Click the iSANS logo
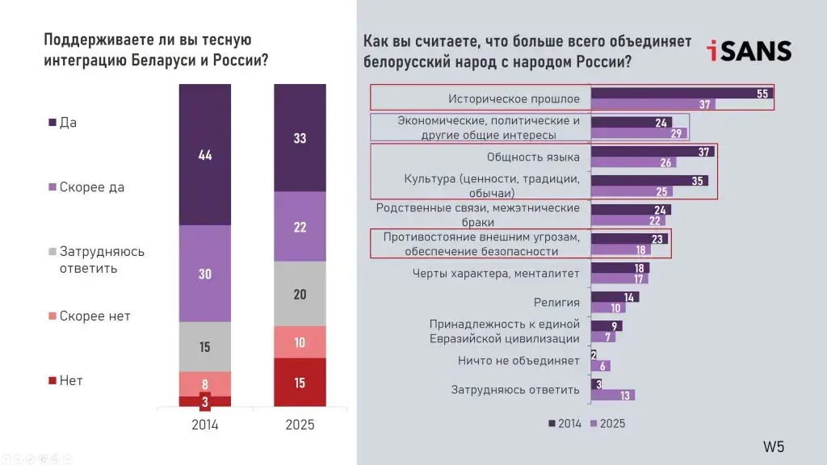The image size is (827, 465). coord(749,50)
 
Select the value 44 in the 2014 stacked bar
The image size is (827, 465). coord(204,154)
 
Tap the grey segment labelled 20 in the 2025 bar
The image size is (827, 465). coord(300,294)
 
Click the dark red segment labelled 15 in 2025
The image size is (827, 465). coord(300,383)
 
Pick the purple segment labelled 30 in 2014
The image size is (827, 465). coord(204,274)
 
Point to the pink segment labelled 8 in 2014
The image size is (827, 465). coord(204,383)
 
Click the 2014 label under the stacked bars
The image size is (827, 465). coord(204,425)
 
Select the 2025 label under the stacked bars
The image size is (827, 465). coord(300,425)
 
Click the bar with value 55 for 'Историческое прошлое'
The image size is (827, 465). coord(681,93)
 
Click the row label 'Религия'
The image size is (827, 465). coord(556,303)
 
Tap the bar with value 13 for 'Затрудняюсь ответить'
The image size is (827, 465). coord(612,395)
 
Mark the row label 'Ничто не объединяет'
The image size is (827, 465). coord(518,361)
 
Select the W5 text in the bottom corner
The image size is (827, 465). coord(774,446)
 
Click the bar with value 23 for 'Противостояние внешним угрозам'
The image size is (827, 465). coord(631,239)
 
